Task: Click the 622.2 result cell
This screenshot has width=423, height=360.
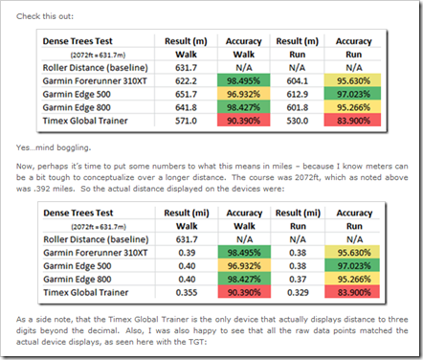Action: pyautogui.click(x=186, y=81)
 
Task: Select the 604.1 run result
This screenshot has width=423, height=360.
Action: pyautogui.click(x=298, y=81)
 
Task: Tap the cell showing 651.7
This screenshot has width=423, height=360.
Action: pyautogui.click(x=186, y=95)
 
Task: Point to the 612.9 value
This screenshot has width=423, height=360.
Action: pyautogui.click(x=298, y=95)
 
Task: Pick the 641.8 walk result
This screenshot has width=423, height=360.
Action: pyautogui.click(x=186, y=107)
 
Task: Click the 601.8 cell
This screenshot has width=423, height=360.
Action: pyautogui.click(x=298, y=107)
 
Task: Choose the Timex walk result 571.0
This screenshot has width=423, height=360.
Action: pyautogui.click(x=186, y=121)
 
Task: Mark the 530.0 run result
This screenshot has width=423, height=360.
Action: pyautogui.click(x=298, y=121)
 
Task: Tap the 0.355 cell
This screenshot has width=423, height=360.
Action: pyautogui.click(x=187, y=293)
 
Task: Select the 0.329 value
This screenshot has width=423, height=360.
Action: pyautogui.click(x=298, y=293)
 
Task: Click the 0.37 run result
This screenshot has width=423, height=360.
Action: pyautogui.click(x=298, y=280)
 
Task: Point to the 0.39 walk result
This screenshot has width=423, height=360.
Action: pyautogui.click(x=187, y=253)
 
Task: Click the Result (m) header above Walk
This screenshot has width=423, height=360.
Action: pyautogui.click(x=186, y=41)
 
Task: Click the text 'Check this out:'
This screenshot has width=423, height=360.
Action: pyautogui.click(x=45, y=16)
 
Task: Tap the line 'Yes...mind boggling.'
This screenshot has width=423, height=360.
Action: pyautogui.click(x=54, y=147)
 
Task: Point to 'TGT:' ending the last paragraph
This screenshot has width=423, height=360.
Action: pyautogui.click(x=198, y=342)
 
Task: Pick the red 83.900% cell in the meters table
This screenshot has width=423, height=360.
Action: pyautogui.click(x=352, y=121)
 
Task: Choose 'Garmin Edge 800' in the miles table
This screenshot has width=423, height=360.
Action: pyautogui.click(x=78, y=280)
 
